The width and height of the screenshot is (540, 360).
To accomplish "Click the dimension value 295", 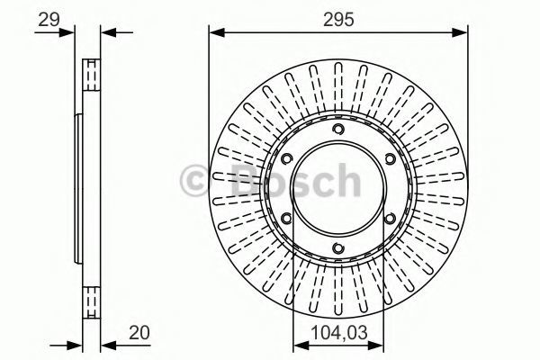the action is point(338,20).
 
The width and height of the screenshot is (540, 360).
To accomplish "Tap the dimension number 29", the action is point(49,20).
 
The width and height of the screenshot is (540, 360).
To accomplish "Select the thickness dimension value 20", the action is point(139,333).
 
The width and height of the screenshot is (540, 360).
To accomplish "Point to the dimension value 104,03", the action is point(339,333).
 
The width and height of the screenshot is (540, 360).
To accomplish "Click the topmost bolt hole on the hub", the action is point(338,130).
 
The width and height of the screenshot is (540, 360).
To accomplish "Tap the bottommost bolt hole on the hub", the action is point(338,248).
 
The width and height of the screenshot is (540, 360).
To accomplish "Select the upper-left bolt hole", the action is point(287,158).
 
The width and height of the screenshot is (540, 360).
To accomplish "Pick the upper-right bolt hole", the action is point(391,158).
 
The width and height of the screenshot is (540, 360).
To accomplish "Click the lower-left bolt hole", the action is point(287,219).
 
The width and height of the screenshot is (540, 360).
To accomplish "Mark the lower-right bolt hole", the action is point(391,219).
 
